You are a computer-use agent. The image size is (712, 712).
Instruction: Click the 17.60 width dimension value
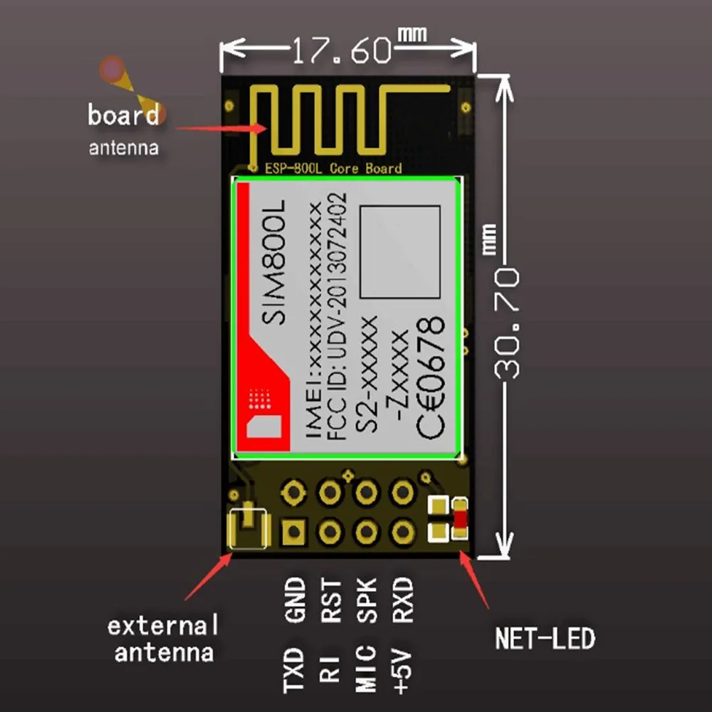click(x=342, y=51)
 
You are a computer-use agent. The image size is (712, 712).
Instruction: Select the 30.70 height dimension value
click(x=507, y=324)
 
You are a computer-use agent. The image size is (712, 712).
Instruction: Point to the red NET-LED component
click(x=461, y=519)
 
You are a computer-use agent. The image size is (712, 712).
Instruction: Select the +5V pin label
click(x=403, y=669)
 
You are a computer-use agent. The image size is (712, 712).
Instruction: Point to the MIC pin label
click(x=367, y=669)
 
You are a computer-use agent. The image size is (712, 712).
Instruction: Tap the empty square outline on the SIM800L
click(x=400, y=251)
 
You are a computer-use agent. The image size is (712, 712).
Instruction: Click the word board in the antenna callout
click(x=123, y=115)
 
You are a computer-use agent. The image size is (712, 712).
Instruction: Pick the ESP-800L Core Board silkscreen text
click(x=333, y=169)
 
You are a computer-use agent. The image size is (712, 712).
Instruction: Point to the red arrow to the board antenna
click(x=221, y=128)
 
